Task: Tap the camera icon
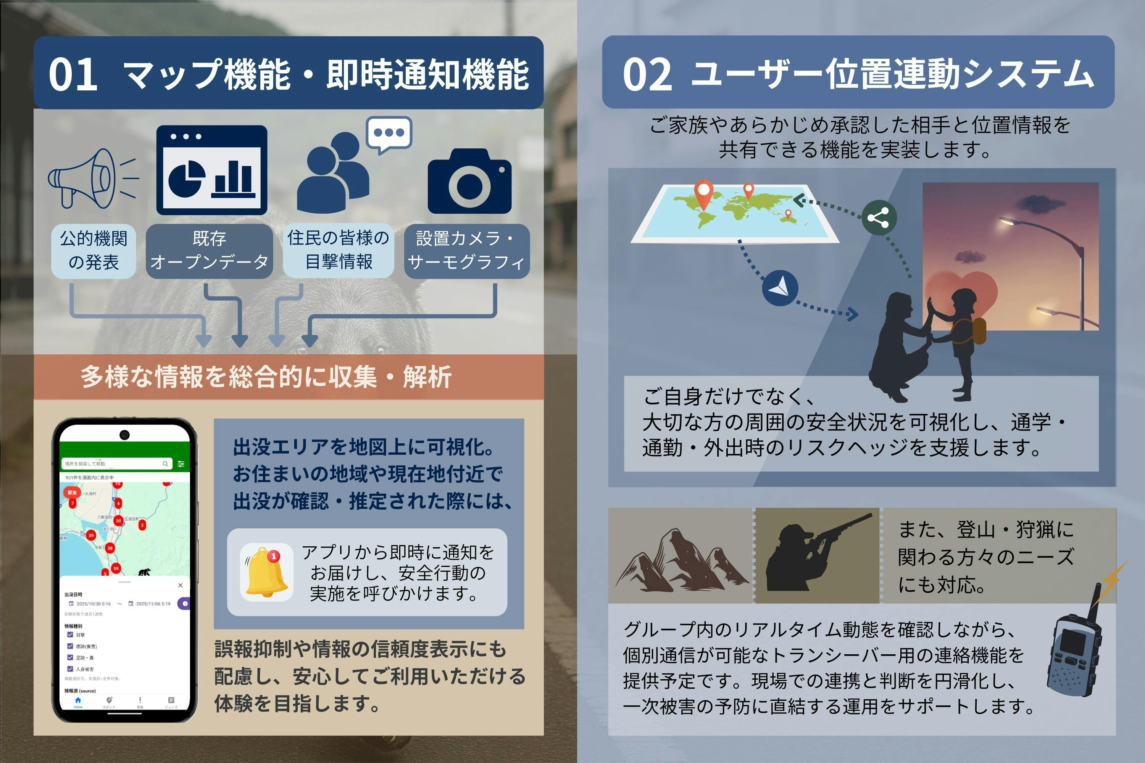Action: coord(469,182)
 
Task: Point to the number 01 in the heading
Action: coord(73,74)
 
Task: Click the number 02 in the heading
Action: coord(647,74)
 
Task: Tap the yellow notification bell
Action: coord(266,572)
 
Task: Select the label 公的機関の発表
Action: coord(94,251)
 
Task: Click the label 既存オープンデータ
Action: coord(209,251)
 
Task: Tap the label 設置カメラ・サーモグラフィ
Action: coord(466,251)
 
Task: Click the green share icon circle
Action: coord(878,217)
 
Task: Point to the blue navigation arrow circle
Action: coord(780,288)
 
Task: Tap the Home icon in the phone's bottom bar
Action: coord(78,701)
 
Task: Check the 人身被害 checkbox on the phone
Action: coord(70,669)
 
